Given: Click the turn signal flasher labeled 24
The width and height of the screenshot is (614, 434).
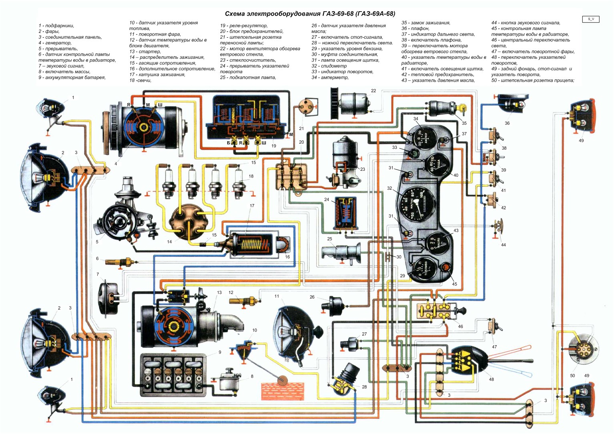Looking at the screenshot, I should click(345, 214).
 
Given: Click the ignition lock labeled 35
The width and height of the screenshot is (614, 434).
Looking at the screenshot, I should click(444, 108).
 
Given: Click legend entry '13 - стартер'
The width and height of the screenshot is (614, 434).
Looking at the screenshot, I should click(145, 52).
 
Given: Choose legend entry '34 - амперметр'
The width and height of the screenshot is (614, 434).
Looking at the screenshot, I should click(330, 78).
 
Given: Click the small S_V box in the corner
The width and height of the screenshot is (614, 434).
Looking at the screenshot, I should click(591, 19).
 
